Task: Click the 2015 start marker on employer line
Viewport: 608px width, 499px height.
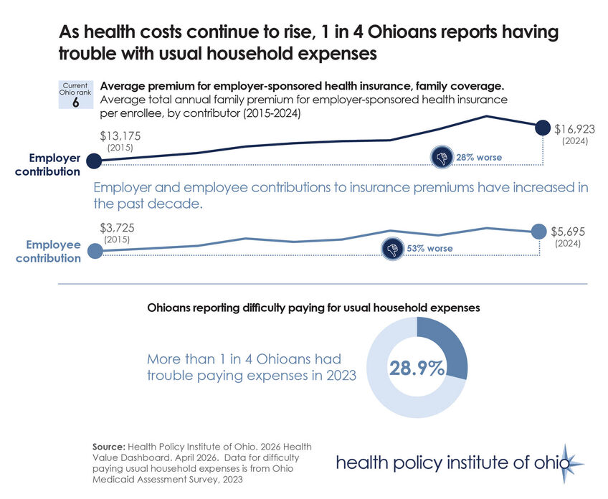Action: pos(93,161)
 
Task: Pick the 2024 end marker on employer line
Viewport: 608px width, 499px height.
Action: pos(544,125)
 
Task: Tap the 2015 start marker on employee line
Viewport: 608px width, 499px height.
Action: pos(94,251)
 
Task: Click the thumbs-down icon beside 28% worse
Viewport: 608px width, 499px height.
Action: pos(441,157)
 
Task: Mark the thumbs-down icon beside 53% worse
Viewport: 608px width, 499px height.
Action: pos(392,249)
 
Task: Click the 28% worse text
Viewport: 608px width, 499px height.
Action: pos(479,157)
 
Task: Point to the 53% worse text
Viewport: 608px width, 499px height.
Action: pos(429,249)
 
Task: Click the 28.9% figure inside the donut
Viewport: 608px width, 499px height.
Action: pos(416,368)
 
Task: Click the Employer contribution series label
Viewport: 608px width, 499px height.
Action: pos(54,164)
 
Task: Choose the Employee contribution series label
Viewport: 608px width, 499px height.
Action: pos(49,251)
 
